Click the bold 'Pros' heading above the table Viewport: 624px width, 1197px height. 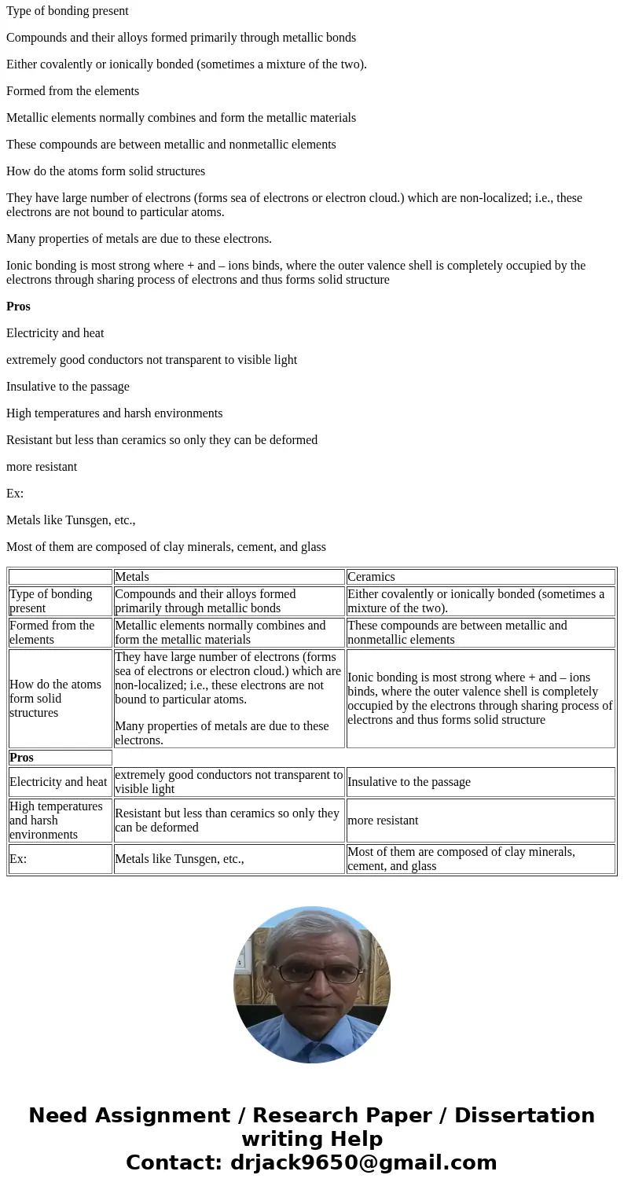click(18, 307)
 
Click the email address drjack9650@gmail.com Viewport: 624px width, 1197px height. click(363, 1163)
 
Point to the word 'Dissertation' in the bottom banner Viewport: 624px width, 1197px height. click(524, 1116)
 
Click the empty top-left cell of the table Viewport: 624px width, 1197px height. click(60, 577)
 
